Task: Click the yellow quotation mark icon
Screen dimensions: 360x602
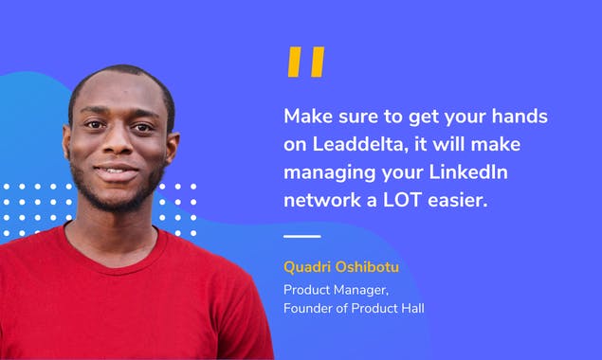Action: point(305,62)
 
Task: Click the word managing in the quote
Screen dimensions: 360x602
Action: point(328,172)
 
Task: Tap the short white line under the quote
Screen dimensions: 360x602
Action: point(302,236)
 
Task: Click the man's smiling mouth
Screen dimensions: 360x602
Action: point(116,173)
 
